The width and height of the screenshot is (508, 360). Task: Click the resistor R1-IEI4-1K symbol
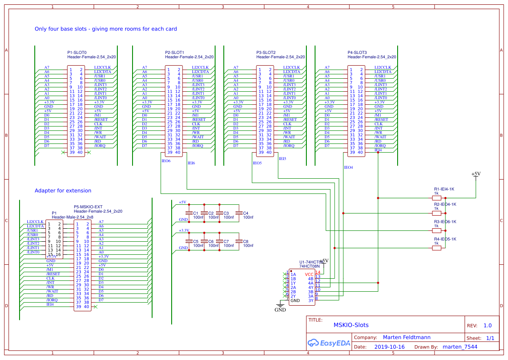tap(437, 198)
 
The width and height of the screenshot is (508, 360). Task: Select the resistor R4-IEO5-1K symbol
tap(437, 248)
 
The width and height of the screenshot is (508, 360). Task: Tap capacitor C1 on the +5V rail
tap(189, 213)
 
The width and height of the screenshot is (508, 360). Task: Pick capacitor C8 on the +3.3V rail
tap(239, 241)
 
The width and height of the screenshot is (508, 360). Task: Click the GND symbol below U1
tap(280, 307)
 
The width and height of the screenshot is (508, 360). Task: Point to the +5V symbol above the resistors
tap(476, 174)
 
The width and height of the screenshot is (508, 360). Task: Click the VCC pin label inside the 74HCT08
tap(309, 274)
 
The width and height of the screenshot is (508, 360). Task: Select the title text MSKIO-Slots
tap(351, 325)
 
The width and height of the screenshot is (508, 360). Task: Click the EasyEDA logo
tap(329, 343)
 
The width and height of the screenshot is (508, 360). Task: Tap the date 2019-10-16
tap(389, 347)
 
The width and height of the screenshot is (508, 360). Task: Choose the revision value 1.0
tap(488, 326)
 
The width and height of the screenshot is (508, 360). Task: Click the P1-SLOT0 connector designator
tap(77, 53)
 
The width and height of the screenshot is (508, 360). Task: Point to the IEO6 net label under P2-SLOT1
tap(166, 161)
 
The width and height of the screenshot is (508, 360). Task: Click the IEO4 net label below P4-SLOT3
tap(349, 167)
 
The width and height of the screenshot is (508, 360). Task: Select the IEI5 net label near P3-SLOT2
tap(282, 159)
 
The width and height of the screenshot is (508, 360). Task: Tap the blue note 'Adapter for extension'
tap(63, 190)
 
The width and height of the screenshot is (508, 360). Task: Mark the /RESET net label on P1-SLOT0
tap(101, 120)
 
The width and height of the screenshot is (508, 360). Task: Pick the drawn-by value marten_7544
tap(460, 347)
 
